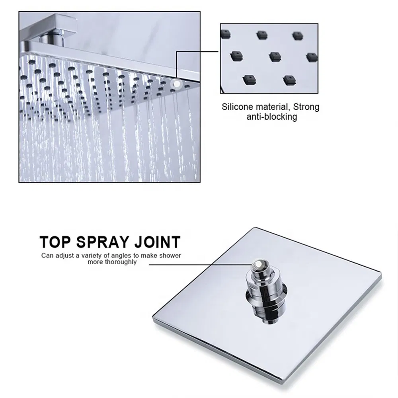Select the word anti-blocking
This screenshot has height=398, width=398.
pos(271,117)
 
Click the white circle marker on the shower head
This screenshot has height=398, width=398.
pos(175,84)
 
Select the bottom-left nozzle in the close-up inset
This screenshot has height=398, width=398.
pos(248,79)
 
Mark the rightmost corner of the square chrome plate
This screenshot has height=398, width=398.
pos(380,275)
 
